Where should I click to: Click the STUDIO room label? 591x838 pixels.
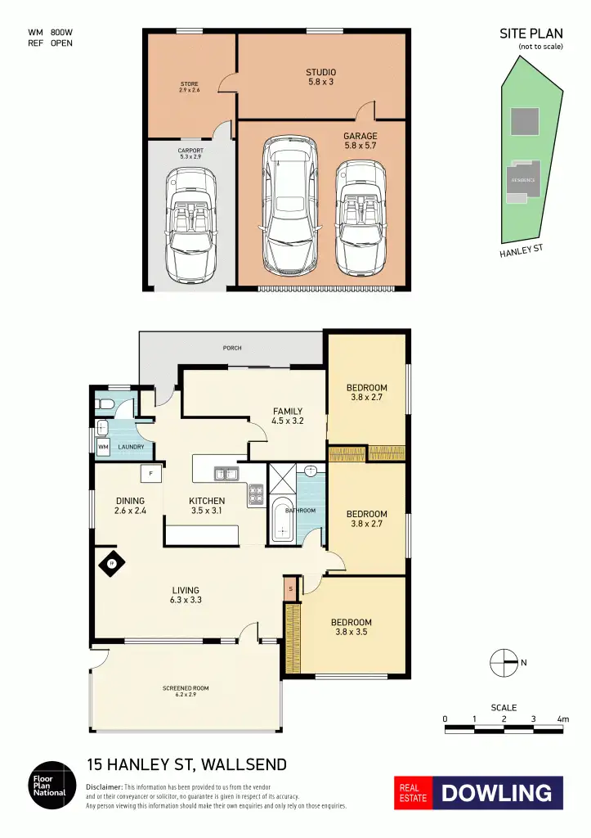pos(321,77)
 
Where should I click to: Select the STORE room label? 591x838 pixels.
pos(190,87)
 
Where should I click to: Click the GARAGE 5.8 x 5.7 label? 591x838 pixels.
pos(360,141)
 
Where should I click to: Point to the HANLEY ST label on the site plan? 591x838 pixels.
pos(522,250)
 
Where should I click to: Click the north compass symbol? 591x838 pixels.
pos(504,662)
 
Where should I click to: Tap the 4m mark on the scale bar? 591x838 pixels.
pos(562,719)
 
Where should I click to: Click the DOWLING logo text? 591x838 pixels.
pos(496,793)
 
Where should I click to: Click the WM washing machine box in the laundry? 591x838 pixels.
pos(103,448)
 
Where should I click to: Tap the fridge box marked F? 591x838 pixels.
pos(151,474)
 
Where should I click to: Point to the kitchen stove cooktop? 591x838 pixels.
pos(256,494)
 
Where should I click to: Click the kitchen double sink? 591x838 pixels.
pos(226,474)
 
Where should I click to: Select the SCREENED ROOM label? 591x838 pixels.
pos(186,692)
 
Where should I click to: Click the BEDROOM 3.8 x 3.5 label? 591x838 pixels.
pos(351,627)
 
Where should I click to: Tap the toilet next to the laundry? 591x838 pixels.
pos(105,403)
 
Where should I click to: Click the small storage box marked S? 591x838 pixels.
pos(290,588)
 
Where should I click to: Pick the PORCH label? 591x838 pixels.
pos(232,348)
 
